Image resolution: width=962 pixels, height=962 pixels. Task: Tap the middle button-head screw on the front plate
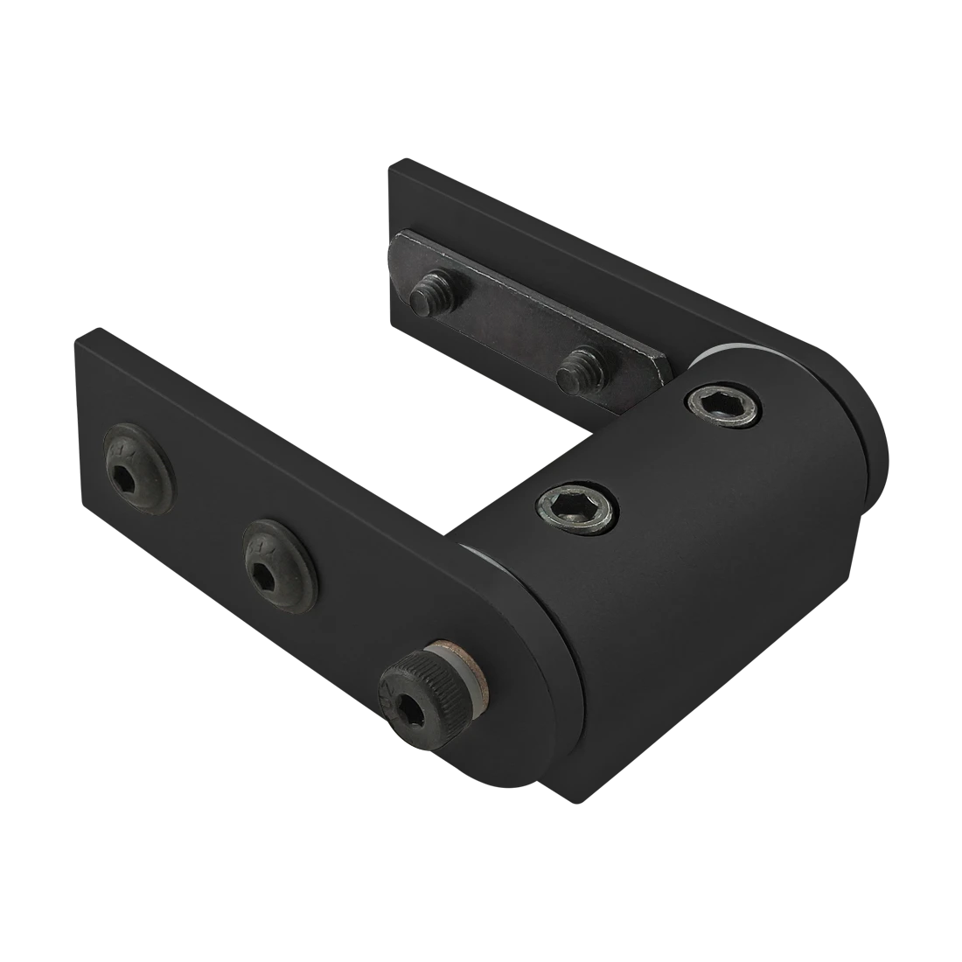point(279,566)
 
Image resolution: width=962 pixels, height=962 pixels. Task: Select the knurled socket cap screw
point(419,691)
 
